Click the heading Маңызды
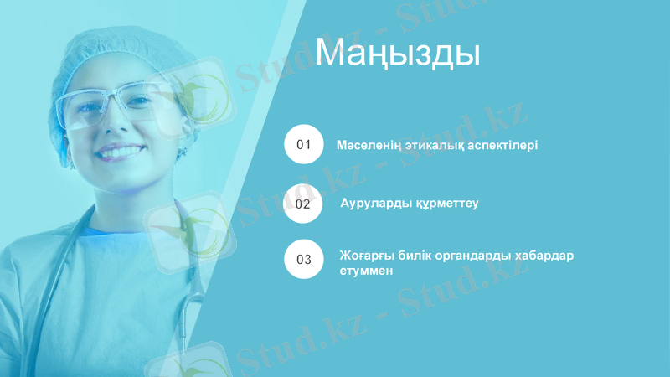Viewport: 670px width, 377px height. [397, 53]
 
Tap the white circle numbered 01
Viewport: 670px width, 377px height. [303, 144]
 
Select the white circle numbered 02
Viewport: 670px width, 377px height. [303, 203]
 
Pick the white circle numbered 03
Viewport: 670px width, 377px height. [303, 259]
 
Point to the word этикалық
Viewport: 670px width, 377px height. [432, 145]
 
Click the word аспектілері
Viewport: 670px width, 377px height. [500, 145]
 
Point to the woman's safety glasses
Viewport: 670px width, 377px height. [109, 104]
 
